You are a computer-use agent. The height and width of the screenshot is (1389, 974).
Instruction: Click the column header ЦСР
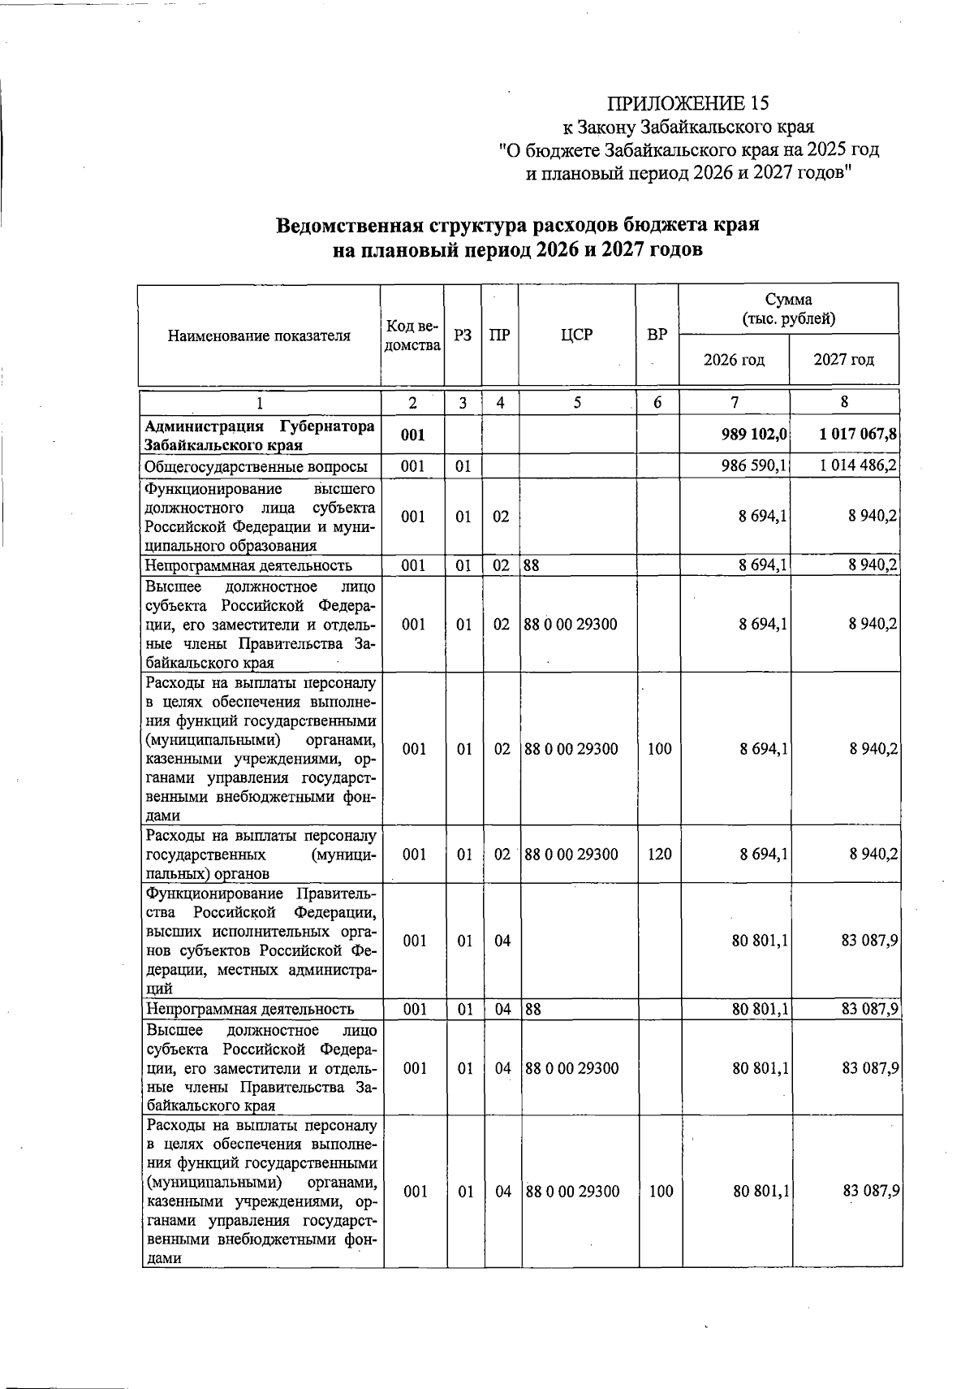[576, 335]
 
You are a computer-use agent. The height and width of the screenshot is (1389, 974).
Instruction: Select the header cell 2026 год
[734, 360]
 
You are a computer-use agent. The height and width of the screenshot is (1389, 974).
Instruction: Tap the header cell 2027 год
[844, 360]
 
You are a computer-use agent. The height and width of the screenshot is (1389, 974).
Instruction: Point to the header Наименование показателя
[259, 335]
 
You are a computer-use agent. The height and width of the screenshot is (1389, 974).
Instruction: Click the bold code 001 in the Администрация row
[412, 435]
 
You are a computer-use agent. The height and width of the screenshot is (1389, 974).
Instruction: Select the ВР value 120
[659, 854]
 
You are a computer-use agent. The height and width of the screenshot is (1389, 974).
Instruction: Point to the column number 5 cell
[576, 402]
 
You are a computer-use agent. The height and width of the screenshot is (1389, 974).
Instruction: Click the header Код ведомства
[412, 335]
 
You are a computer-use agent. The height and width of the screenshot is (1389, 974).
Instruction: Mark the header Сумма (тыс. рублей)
[788, 309]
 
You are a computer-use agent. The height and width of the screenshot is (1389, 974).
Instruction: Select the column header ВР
[657, 335]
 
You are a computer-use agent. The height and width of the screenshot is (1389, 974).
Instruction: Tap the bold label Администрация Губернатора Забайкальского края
[259, 435]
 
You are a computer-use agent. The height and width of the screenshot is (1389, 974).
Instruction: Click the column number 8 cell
[844, 402]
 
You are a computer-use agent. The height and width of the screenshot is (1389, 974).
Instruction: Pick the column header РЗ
[463, 335]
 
